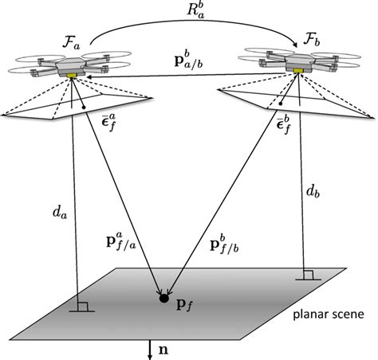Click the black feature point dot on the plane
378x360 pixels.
coord(164,299)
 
